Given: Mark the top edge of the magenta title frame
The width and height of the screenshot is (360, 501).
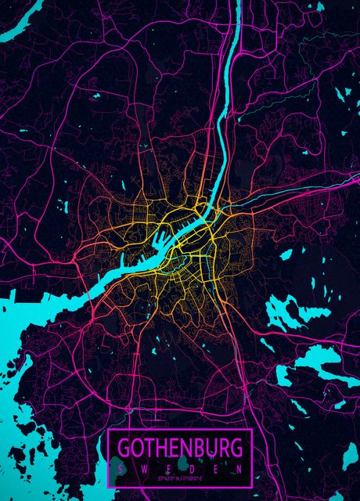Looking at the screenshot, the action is [179, 430].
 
